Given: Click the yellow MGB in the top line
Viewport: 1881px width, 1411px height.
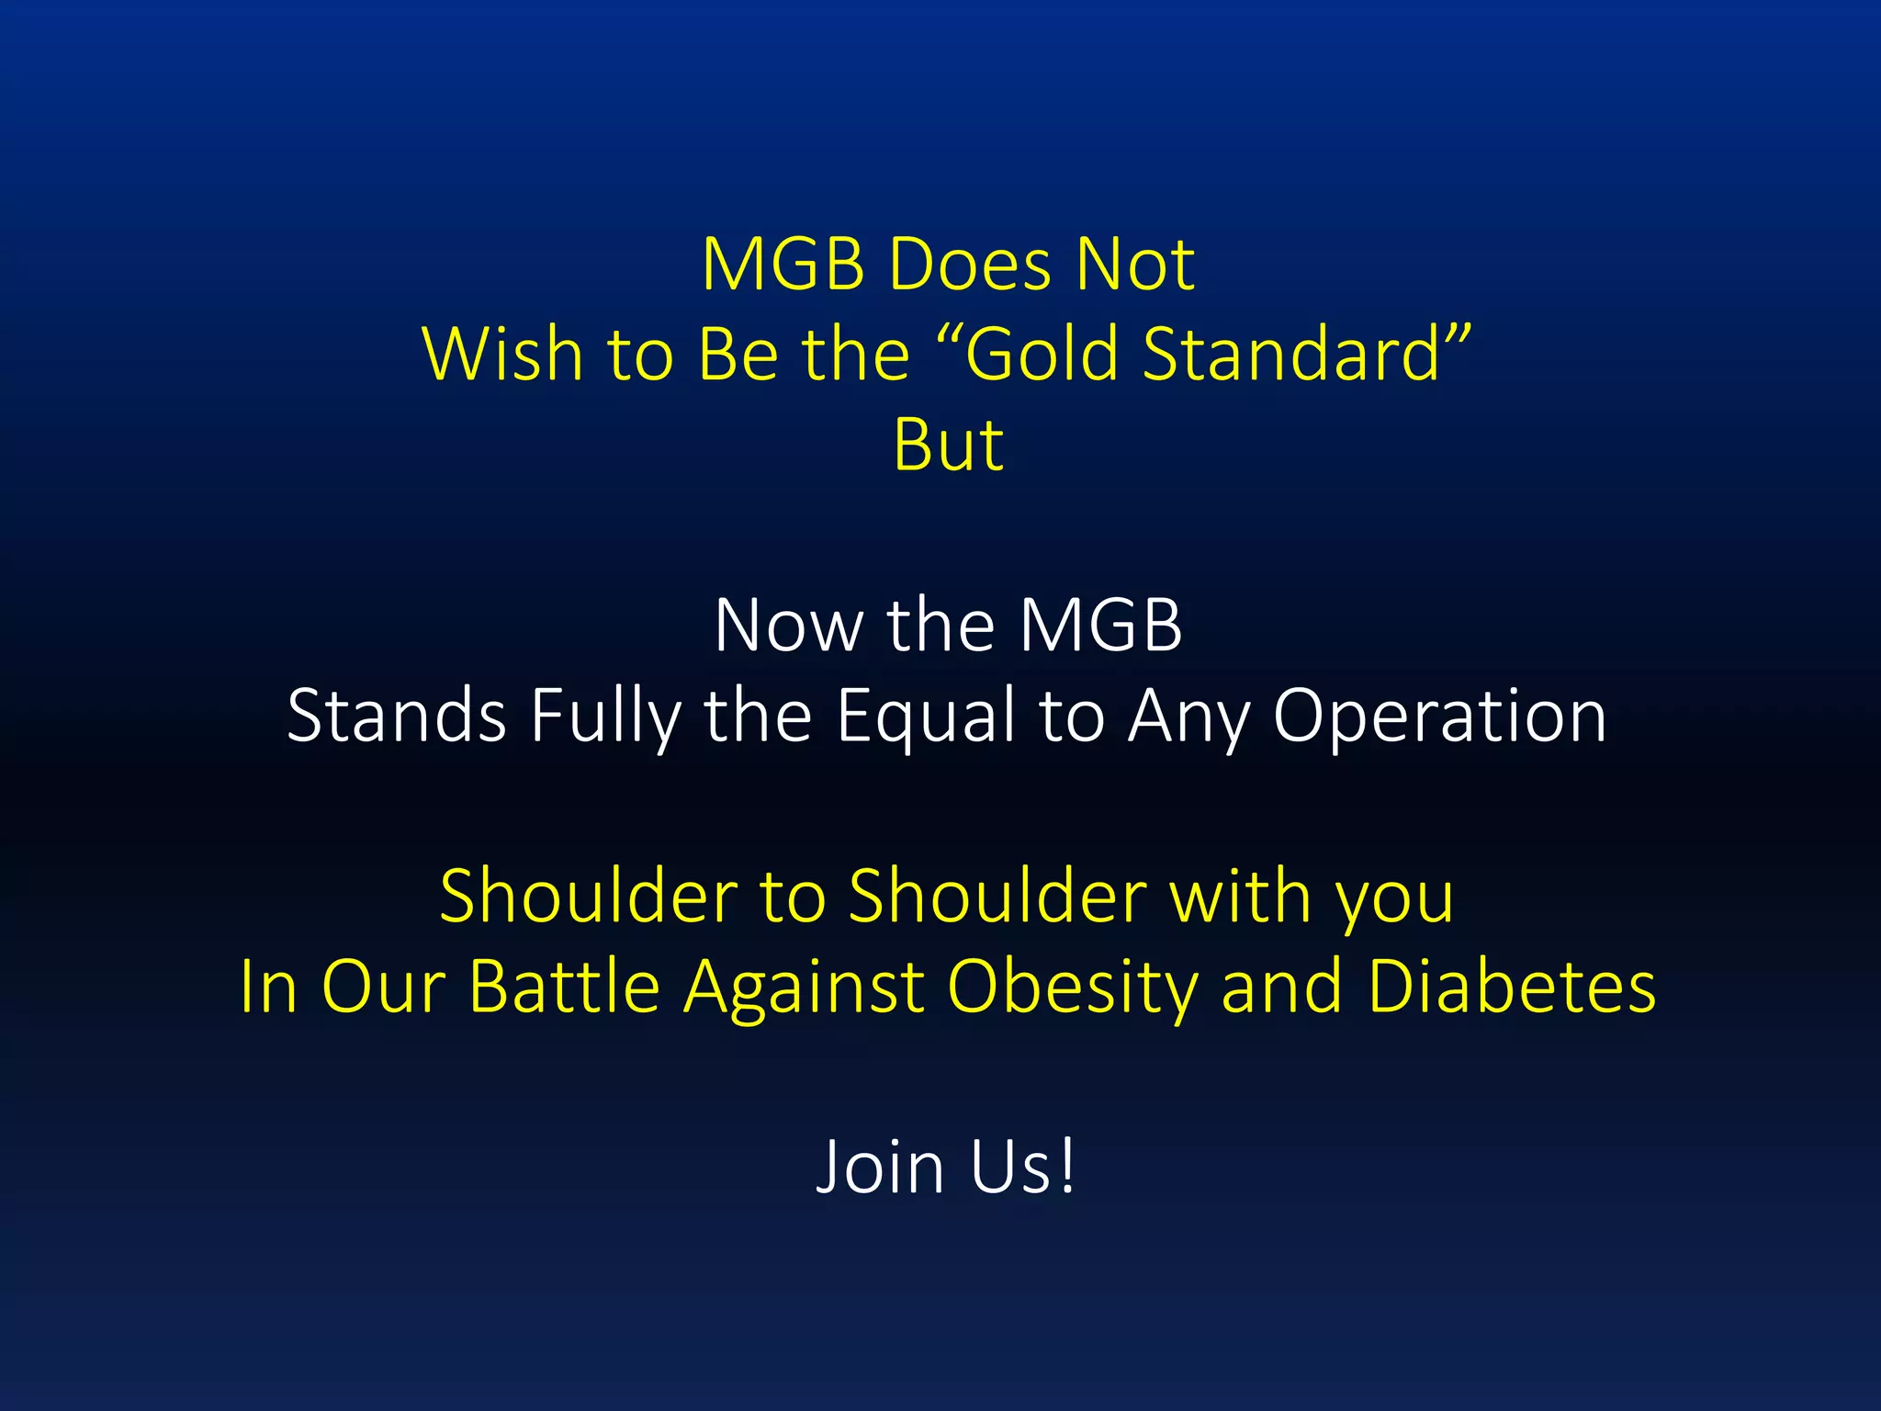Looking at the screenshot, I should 783,265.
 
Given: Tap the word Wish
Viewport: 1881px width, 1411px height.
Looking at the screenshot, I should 502,355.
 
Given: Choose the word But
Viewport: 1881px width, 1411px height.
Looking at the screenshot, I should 948,446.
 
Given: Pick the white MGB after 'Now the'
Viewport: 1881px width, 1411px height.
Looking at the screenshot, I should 1100,626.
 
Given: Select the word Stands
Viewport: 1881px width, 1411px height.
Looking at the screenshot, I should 396,716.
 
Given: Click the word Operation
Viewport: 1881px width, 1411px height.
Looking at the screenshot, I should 1439,716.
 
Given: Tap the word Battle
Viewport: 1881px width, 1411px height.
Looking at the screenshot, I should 565,986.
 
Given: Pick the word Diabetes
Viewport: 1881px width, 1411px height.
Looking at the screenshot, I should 1512,986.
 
